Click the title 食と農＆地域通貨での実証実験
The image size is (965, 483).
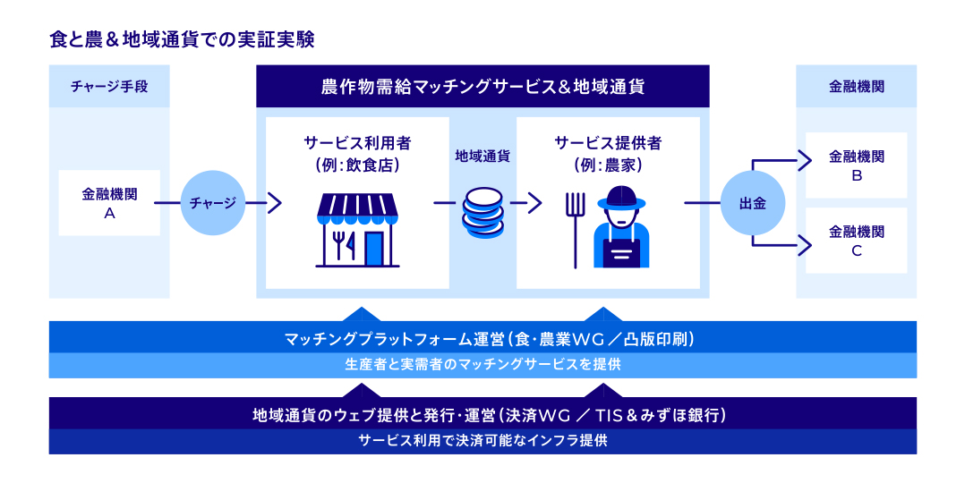coord(182,40)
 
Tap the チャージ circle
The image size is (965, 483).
coord(212,203)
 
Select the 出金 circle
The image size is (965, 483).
coord(751,203)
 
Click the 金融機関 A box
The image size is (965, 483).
coord(109,203)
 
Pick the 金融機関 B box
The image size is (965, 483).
coord(856,165)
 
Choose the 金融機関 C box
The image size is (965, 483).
coord(856,241)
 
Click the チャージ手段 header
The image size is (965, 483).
coord(109,87)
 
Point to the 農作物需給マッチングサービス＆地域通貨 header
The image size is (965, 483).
coord(482,87)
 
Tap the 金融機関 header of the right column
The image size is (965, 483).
coord(856,87)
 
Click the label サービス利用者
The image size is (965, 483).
coord(357,143)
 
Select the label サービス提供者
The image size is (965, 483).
coord(608,143)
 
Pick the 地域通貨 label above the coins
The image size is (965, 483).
coord(482,156)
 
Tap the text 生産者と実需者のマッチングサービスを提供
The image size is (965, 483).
coord(482,365)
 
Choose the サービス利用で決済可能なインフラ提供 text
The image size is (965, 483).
coord(482,441)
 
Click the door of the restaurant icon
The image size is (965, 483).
coord(373,248)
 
